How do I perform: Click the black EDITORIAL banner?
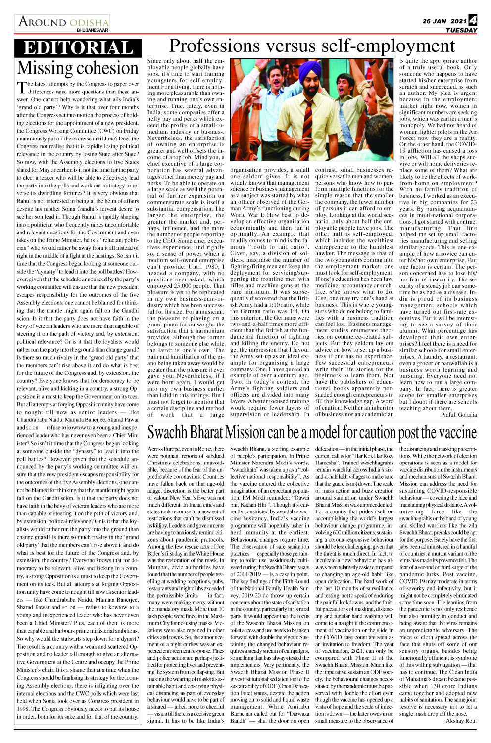click(78, 48)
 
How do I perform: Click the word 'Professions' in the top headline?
click(207, 46)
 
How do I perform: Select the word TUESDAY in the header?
click(461, 30)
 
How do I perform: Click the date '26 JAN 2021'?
click(444, 21)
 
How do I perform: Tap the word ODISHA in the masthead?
click(89, 23)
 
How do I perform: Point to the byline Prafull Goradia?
click(459, 415)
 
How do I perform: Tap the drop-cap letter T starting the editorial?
click(22, 88)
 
